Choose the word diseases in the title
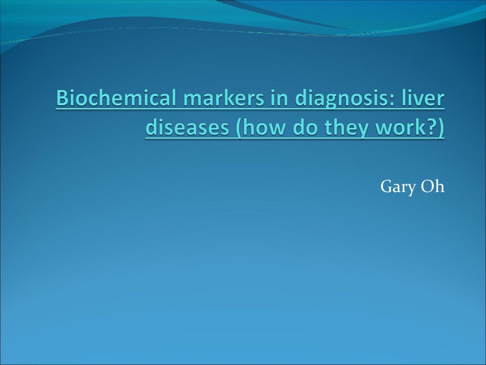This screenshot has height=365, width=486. point(185,127)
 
